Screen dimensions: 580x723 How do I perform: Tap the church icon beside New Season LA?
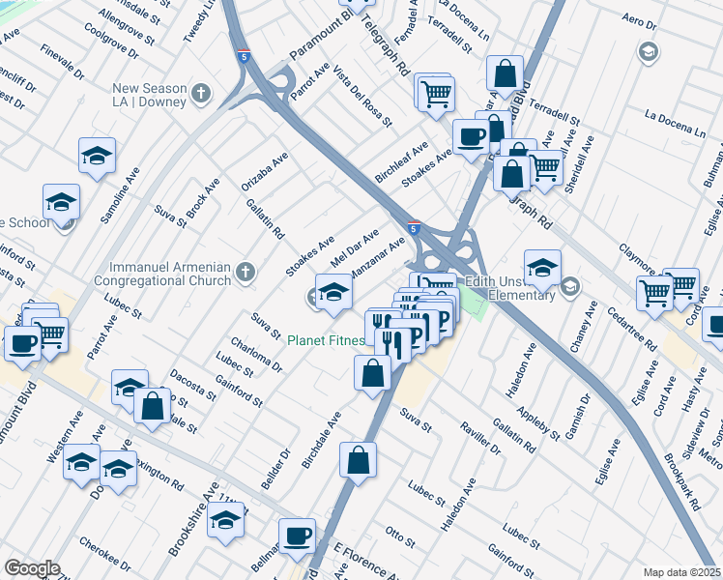click(x=201, y=94)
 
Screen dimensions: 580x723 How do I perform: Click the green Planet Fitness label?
click(x=326, y=340)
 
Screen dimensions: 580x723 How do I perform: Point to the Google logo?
click(x=32, y=568)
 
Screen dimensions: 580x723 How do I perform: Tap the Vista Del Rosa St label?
click(x=362, y=101)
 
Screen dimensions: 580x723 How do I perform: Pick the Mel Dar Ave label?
click(x=354, y=249)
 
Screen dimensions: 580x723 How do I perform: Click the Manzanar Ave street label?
click(x=377, y=258)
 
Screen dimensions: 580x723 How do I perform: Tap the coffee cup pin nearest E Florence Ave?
click(x=298, y=534)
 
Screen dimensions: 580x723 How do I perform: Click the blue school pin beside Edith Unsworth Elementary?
click(x=542, y=267)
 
